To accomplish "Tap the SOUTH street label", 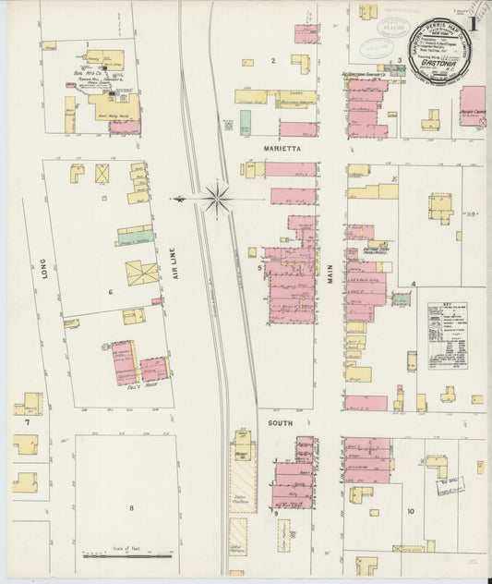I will click(281, 422).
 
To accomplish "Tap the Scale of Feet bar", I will click(126, 555).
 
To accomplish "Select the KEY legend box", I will click(447, 334).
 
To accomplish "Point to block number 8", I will click(131, 507).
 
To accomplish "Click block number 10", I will click(411, 511).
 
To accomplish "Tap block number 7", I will click(27, 422).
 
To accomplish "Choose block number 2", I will click(272, 61).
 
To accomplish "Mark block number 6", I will click(110, 292).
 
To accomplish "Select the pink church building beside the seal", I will click(472, 105).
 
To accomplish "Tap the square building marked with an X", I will click(102, 173).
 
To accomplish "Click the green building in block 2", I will click(246, 122).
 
